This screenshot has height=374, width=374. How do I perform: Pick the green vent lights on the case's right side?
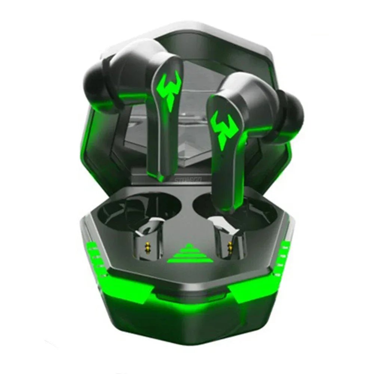pos(285,254)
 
